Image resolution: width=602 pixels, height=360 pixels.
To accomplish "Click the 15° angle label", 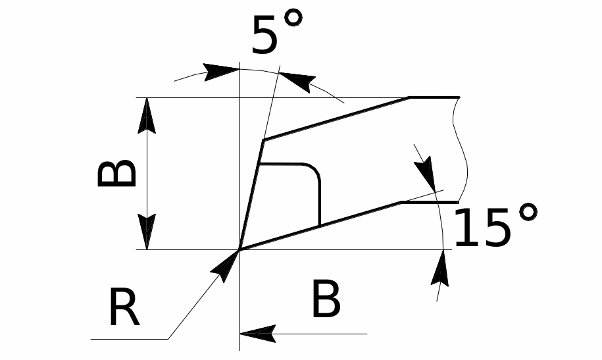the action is [495, 226].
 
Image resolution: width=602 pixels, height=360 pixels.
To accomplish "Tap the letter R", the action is [124, 308].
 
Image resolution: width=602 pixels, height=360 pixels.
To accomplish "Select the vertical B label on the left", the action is [116, 174].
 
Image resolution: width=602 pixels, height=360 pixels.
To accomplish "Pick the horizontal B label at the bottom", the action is [326, 299].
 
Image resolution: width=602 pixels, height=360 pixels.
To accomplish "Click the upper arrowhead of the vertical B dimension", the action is [147, 115].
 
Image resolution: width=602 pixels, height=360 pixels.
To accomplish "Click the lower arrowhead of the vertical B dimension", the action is [147, 232].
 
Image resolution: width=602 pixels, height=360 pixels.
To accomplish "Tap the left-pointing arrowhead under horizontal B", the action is [258, 334].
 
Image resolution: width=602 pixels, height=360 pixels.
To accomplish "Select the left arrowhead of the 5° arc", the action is [221, 72].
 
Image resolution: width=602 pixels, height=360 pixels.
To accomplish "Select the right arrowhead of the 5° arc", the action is [297, 82].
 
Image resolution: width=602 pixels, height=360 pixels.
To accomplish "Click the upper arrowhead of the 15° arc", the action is [426, 174].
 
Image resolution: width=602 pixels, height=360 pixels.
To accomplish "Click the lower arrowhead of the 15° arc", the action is [440, 268].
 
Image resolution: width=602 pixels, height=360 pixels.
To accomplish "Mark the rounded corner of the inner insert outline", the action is [314, 170].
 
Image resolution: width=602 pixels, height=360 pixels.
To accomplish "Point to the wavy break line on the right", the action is [461, 149].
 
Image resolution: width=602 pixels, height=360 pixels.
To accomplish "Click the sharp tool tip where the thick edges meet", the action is [240, 249].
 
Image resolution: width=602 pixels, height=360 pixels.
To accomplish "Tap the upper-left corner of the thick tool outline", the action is [263, 140].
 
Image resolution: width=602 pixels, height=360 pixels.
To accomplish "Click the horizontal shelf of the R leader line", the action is [130, 339].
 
